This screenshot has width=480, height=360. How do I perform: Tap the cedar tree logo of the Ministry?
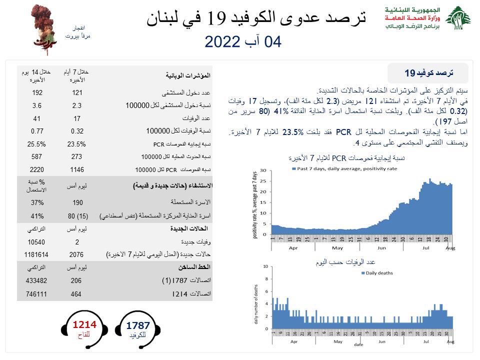[x=457, y=20]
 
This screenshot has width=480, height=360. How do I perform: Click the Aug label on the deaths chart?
[x=449, y=342]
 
